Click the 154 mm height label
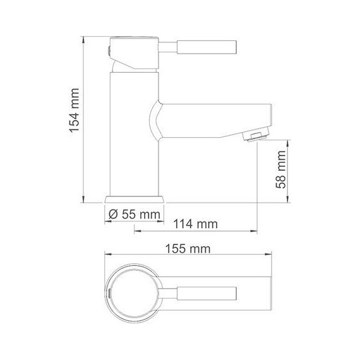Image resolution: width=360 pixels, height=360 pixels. [x=75, y=117]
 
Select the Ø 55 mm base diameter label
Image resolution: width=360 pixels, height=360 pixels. [x=134, y=215]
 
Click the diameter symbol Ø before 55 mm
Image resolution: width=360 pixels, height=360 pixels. [x=112, y=215]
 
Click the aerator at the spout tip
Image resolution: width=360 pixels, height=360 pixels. [x=258, y=135]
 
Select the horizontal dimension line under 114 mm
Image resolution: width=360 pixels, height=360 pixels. [x=196, y=231]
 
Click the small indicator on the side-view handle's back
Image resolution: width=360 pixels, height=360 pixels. [x=108, y=48]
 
